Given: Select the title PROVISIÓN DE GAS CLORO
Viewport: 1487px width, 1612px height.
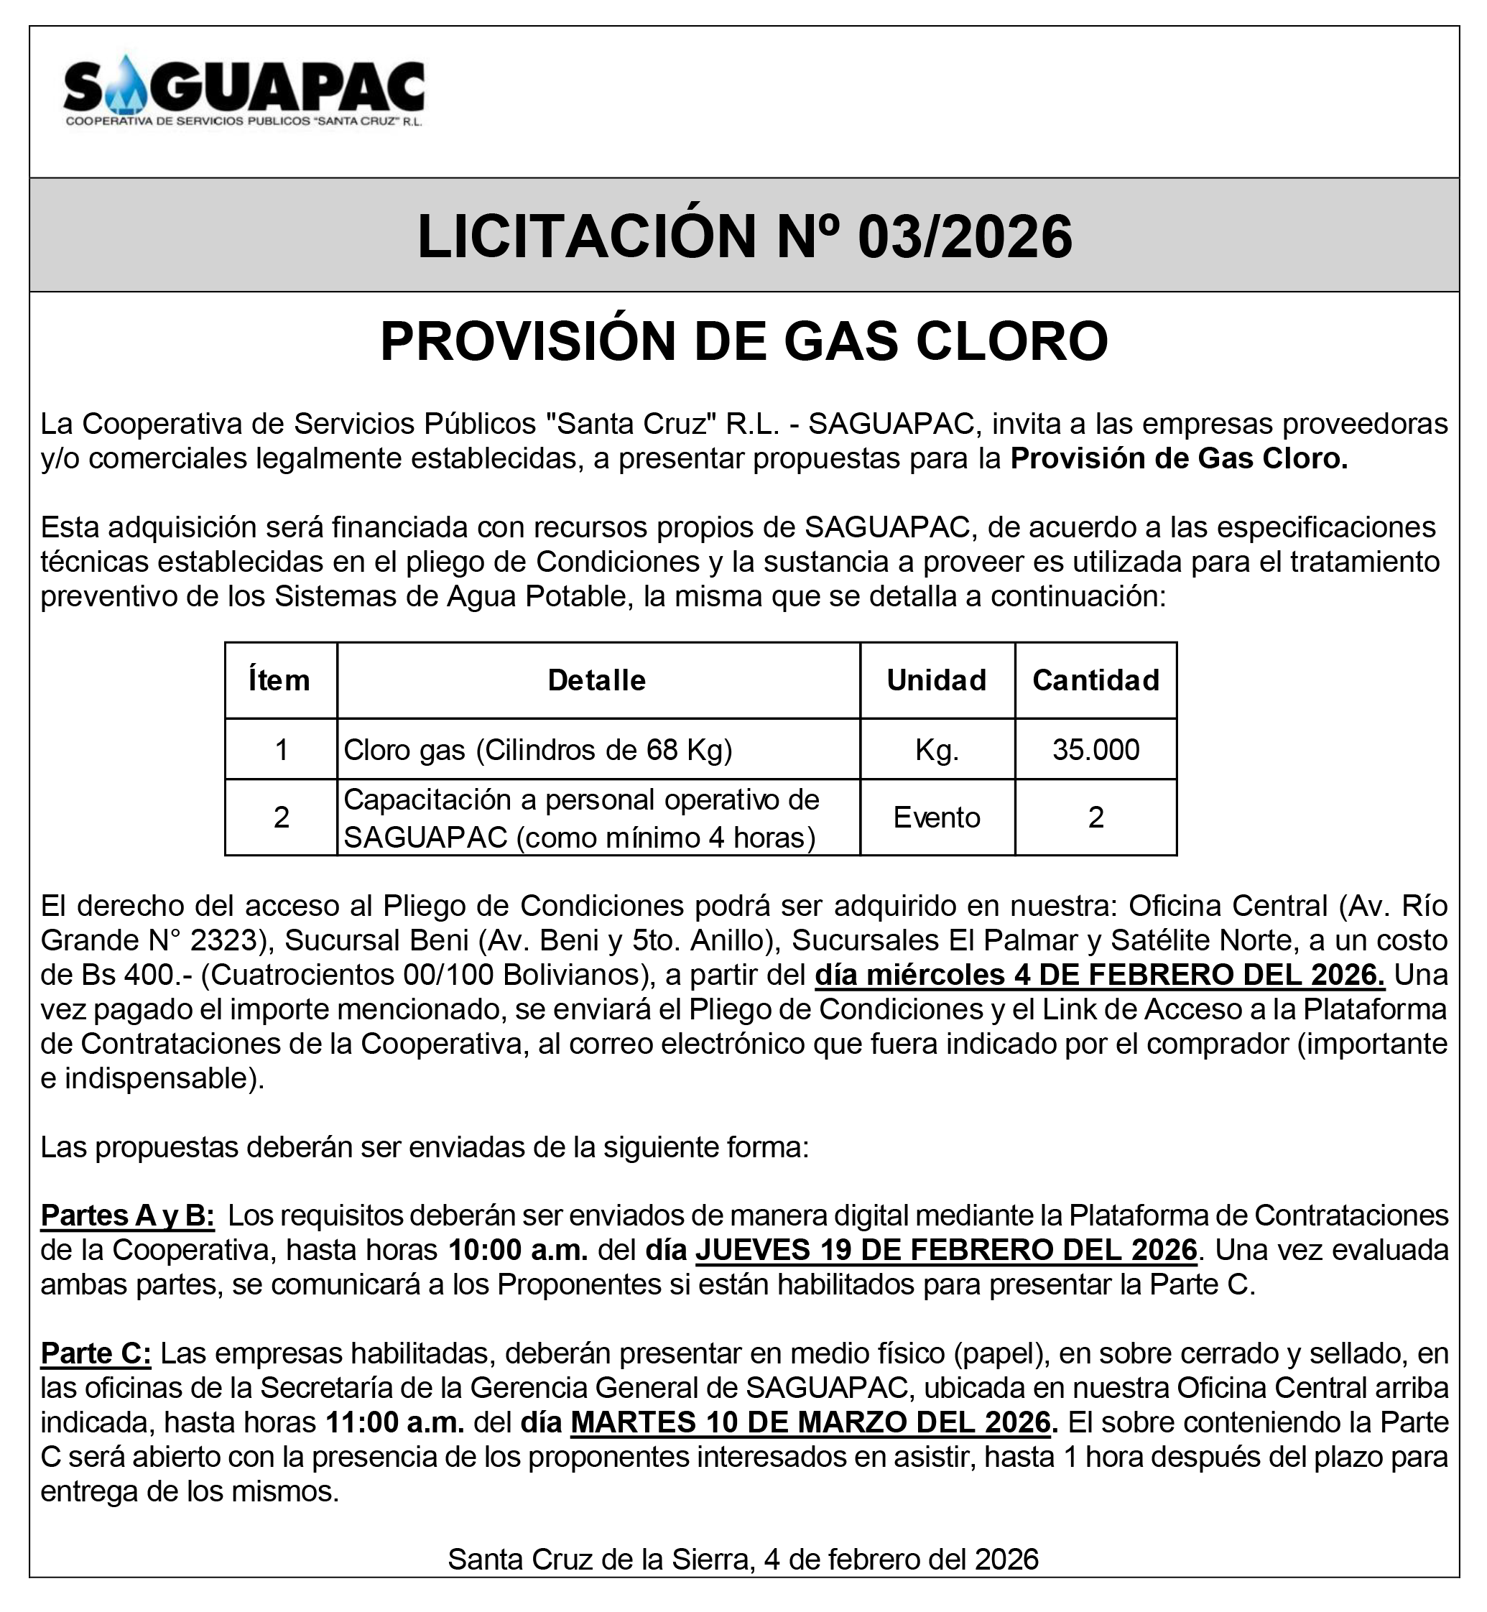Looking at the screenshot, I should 743,341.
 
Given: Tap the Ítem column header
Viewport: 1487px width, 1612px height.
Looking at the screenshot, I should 280,681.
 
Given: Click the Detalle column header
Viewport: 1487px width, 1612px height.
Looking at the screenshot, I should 597,681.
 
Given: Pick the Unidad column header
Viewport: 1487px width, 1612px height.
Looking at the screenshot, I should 937,681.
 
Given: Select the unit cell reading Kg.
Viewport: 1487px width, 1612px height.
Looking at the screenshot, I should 937,750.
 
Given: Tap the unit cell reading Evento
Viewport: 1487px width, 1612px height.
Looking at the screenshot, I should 937,817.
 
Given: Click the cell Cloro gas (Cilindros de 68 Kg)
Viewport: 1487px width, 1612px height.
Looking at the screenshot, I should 537,750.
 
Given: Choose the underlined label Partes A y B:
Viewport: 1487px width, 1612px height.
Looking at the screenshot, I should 127,1215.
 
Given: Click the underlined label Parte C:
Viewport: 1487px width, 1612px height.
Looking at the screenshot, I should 96,1353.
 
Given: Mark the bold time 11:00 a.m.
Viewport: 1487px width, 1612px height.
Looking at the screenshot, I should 395,1423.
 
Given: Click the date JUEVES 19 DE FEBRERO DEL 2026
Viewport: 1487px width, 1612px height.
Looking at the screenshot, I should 946,1250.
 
